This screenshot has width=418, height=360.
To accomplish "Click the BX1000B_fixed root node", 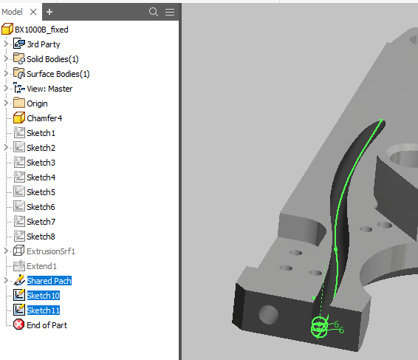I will click(x=42, y=30).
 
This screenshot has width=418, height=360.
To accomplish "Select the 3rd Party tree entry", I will click(x=44, y=44).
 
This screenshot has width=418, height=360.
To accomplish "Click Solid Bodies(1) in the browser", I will click(x=52, y=59).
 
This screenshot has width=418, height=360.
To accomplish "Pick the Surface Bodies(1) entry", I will click(x=58, y=74).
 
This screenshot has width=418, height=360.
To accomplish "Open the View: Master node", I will click(x=49, y=89).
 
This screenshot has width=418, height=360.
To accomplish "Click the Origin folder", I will click(x=37, y=103).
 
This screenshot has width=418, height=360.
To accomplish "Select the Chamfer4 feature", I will click(x=44, y=118).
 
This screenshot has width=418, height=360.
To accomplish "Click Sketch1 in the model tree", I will click(x=41, y=133).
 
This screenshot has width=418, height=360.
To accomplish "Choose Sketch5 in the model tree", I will click(x=41, y=192).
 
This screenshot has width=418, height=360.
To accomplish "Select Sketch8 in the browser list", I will click(x=41, y=237).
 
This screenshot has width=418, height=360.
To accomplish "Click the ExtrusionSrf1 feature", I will click(x=51, y=251).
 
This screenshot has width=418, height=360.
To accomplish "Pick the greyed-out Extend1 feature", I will click(x=42, y=266).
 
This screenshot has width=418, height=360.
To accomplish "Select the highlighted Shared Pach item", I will click(x=49, y=281).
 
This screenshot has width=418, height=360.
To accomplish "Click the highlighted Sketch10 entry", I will click(x=43, y=296).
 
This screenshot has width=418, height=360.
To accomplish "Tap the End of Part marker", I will click(x=47, y=325).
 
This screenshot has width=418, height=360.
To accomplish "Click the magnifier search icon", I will click(x=154, y=12).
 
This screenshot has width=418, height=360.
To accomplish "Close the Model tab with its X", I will click(x=33, y=12).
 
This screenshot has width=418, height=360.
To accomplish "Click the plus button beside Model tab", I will click(x=49, y=12).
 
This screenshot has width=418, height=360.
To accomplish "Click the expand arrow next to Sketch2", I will click(x=6, y=148).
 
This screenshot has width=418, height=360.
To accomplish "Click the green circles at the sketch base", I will click(x=318, y=326).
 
